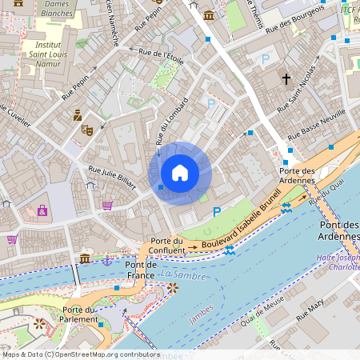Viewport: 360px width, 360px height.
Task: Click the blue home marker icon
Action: pyautogui.click(x=180, y=173)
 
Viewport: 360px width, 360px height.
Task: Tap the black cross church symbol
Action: pyautogui.click(x=286, y=78)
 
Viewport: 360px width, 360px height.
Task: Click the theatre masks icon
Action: pyautogui.click(x=87, y=129)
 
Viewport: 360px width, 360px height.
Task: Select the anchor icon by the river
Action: pyautogui.click(x=106, y=260)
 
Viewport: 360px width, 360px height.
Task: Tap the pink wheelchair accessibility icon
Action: pyautogui.click(x=42, y=210)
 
